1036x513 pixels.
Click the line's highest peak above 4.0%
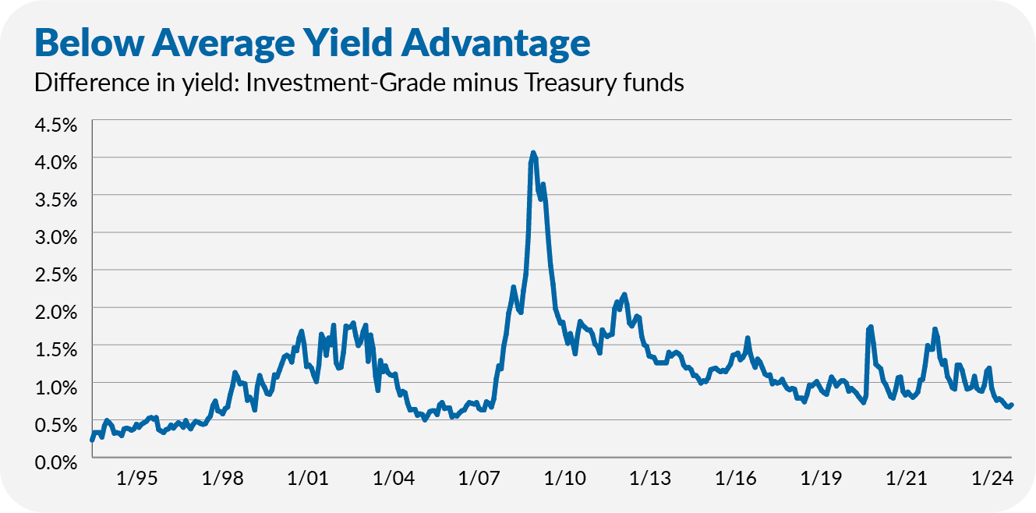[533, 153]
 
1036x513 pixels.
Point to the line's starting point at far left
[92, 440]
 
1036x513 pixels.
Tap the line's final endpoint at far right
[1011, 404]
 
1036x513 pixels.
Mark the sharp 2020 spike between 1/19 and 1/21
[870, 327]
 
